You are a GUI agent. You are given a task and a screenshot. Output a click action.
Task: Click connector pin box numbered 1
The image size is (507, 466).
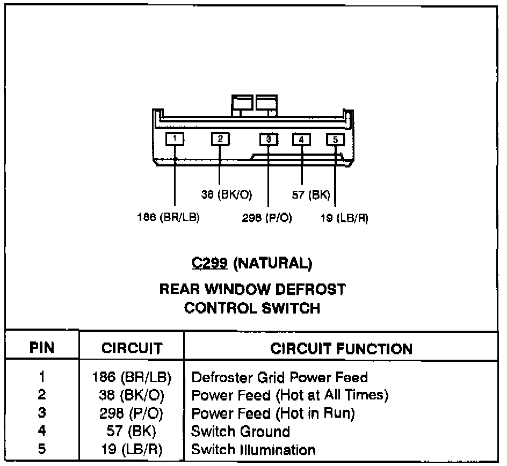(x=175, y=139)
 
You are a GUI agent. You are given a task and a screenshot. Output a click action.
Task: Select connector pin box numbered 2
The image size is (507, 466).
(x=220, y=139)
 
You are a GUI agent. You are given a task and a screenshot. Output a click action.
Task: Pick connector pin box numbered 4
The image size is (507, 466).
(x=301, y=140)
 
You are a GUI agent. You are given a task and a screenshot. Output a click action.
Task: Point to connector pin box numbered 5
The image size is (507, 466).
(x=335, y=140)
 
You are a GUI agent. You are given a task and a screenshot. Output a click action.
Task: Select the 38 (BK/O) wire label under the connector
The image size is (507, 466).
(x=227, y=195)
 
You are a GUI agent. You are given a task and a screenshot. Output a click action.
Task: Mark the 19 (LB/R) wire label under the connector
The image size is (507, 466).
(x=344, y=219)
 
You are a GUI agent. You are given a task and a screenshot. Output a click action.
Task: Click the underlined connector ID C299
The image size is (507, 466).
(x=211, y=264)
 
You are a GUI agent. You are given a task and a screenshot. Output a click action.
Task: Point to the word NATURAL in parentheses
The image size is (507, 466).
(x=273, y=264)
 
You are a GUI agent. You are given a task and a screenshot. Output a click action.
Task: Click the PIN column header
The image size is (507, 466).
(x=42, y=348)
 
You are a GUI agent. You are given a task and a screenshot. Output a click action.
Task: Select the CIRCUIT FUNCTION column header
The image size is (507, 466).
(x=341, y=348)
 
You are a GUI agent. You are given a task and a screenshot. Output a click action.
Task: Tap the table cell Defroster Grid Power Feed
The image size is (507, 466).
(x=279, y=377)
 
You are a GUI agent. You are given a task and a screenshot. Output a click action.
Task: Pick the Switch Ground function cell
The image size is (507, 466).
(x=241, y=431)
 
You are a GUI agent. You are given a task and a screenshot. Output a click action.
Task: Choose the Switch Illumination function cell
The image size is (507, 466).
(x=253, y=449)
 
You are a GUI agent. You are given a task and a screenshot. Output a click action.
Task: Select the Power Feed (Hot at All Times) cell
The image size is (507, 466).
(x=289, y=395)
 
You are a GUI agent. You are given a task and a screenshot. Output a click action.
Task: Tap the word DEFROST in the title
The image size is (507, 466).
(x=310, y=289)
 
